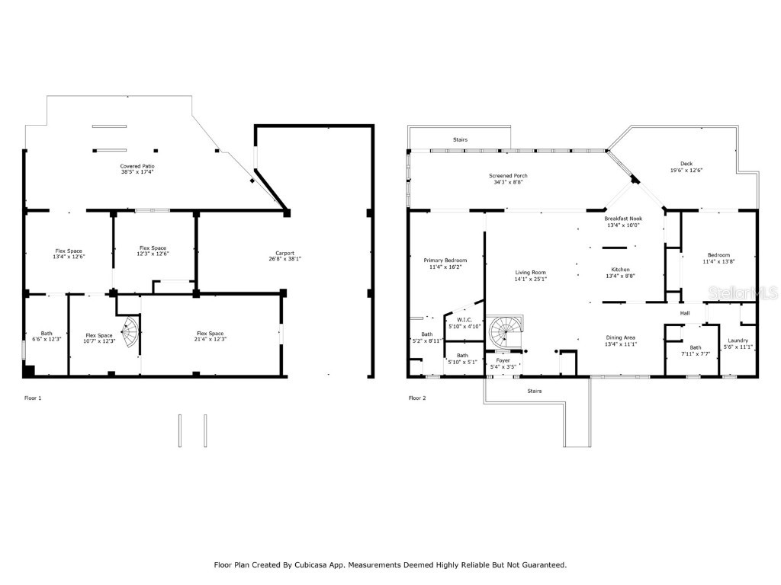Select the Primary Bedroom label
(445, 261)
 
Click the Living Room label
(531, 272)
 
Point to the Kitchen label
(620, 270)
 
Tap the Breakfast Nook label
(623, 218)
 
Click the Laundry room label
(738, 340)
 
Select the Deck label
(686, 163)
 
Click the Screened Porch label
(508, 176)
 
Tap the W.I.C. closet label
(464, 320)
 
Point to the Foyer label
(503, 360)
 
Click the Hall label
(685, 313)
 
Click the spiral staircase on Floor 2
(504, 333)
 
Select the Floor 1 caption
(33, 398)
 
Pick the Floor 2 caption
(417, 398)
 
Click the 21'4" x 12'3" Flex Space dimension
(211, 339)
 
